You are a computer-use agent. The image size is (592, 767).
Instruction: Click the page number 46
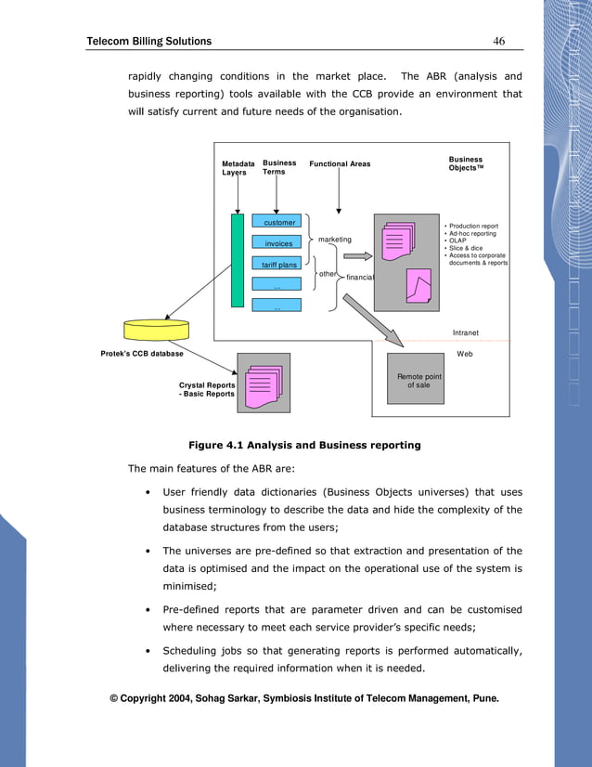tap(498, 41)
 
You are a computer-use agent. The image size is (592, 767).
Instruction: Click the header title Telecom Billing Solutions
tap(148, 41)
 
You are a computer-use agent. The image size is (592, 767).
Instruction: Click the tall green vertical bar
tap(238, 260)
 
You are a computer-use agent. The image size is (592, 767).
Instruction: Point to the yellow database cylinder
tap(156, 330)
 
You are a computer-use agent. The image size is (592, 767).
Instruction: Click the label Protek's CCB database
tap(142, 354)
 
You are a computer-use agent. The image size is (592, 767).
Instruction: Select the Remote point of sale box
tap(419, 381)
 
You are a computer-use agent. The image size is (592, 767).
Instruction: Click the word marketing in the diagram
tap(335, 240)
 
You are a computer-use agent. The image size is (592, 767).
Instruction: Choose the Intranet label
tap(466, 331)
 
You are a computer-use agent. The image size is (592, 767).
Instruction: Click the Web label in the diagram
tap(465, 354)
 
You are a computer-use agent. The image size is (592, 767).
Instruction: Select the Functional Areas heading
tap(340, 164)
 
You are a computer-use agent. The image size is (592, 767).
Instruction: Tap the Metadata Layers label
tap(238, 168)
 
